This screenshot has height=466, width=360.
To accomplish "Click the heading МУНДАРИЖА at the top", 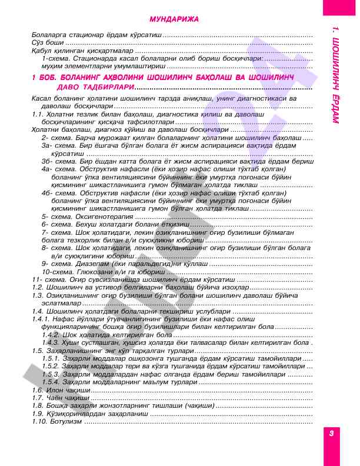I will [x=174, y=19].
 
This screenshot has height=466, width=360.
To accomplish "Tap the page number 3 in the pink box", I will [x=332, y=433].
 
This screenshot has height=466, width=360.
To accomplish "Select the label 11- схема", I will [x=45, y=279].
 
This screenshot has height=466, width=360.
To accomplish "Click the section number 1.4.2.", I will [x=51, y=334].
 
